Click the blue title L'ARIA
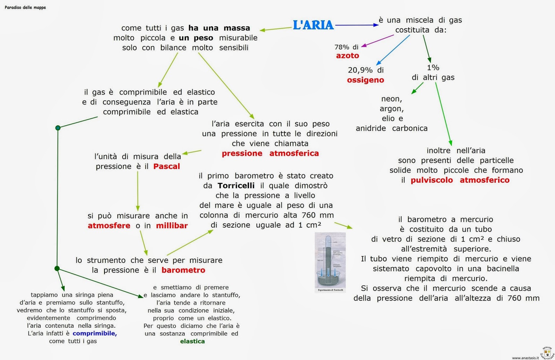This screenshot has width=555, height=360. (313, 25)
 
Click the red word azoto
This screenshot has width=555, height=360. (348, 56)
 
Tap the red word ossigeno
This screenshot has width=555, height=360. (366, 80)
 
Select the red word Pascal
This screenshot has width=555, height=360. (166, 166)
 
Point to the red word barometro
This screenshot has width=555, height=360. (183, 270)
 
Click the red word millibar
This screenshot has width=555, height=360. (172, 226)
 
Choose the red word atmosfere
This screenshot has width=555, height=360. (109, 226)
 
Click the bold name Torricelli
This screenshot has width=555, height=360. (236, 186)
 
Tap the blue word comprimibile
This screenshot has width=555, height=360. (94, 333)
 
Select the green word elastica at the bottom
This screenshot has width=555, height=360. (192, 341)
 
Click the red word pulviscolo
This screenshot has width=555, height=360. (432, 180)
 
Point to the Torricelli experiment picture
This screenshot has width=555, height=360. (330, 262)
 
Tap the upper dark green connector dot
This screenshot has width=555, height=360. (58, 128)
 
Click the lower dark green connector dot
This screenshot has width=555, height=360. (57, 268)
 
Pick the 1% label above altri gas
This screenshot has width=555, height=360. (433, 68)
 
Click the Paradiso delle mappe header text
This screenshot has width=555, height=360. (25, 7)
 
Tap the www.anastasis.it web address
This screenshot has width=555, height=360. (525, 358)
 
